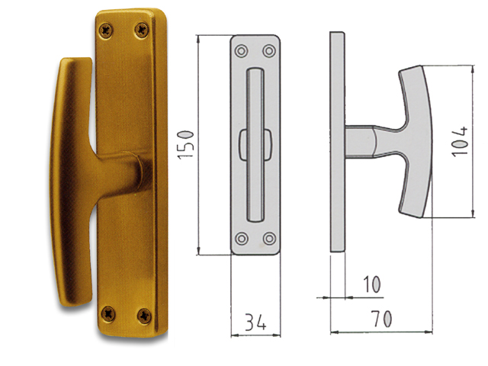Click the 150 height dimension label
(x=186, y=146)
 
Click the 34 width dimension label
(x=255, y=322)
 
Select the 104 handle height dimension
(x=459, y=141)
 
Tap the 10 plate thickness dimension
(x=372, y=284)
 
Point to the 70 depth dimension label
(x=381, y=319)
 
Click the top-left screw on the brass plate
(x=106, y=30)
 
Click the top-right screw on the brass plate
(x=142, y=30)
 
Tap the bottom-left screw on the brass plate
(x=108, y=313)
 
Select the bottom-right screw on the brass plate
(x=144, y=316)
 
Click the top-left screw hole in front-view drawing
(x=241, y=51)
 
